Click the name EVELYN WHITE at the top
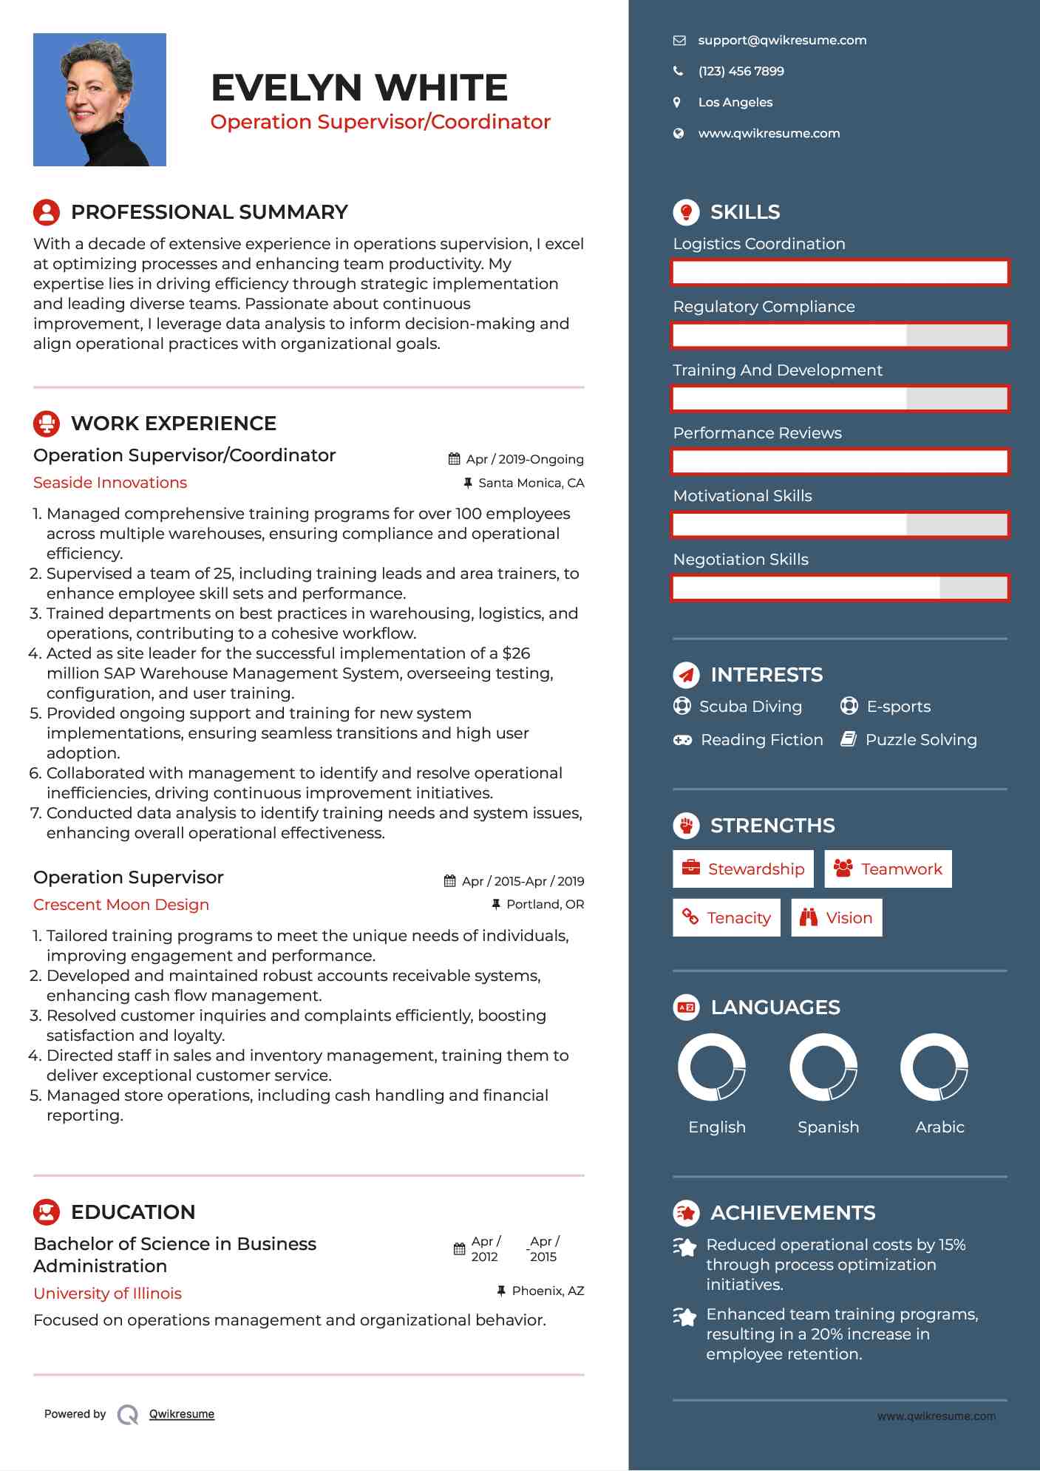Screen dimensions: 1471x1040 (x=359, y=88)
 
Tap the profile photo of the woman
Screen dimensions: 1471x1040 (x=100, y=100)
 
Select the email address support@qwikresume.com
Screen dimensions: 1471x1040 (x=782, y=41)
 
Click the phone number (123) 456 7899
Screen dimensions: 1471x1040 (x=741, y=72)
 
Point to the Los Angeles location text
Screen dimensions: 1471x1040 (x=735, y=103)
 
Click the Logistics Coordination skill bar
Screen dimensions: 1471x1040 (x=840, y=272)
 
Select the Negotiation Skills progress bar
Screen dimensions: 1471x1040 (x=840, y=588)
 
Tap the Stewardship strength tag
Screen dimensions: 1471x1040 (x=743, y=869)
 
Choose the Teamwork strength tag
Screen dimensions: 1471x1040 (x=888, y=869)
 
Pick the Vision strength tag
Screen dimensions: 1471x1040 (x=837, y=918)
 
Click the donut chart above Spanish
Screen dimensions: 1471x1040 (x=823, y=1067)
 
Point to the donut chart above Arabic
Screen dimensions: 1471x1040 (x=934, y=1067)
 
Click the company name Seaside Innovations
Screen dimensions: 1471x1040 (x=110, y=483)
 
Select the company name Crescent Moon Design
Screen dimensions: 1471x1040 (x=121, y=905)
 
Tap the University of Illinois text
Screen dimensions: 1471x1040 (x=107, y=1294)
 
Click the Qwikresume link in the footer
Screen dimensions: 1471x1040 (x=182, y=1414)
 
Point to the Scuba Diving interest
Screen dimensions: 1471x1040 (x=750, y=707)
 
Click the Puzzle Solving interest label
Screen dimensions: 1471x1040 (x=921, y=740)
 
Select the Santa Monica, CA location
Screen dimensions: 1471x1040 (x=531, y=483)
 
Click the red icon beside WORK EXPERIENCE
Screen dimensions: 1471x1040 (x=47, y=424)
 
